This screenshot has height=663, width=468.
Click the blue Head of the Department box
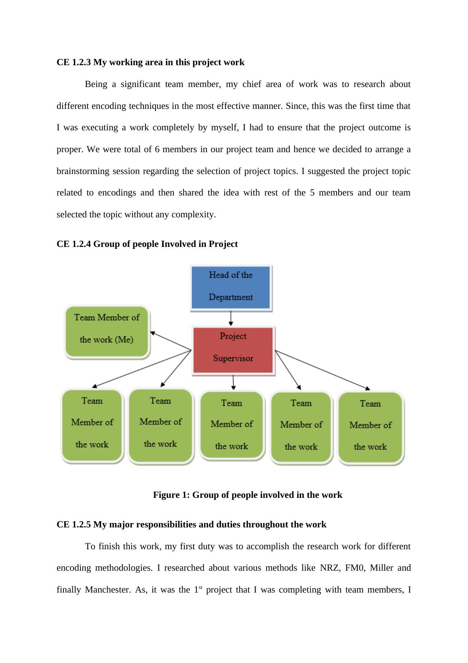(x=231, y=287)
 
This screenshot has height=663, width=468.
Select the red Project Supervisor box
(x=233, y=350)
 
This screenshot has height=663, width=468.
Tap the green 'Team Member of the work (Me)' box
(x=107, y=331)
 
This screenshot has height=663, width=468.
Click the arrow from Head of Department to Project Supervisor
(x=231, y=318)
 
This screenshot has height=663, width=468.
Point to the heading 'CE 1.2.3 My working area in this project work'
(x=150, y=62)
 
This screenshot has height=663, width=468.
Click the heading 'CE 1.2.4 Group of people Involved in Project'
(x=147, y=244)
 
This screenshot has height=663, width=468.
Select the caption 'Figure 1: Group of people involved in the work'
(x=247, y=495)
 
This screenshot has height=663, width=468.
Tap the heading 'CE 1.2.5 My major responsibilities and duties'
(x=191, y=525)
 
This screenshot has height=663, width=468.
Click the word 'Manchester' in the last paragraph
(x=108, y=590)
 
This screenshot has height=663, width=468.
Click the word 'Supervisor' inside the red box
(x=233, y=358)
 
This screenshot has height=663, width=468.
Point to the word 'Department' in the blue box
(x=231, y=297)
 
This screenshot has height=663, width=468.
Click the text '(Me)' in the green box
(x=124, y=340)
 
